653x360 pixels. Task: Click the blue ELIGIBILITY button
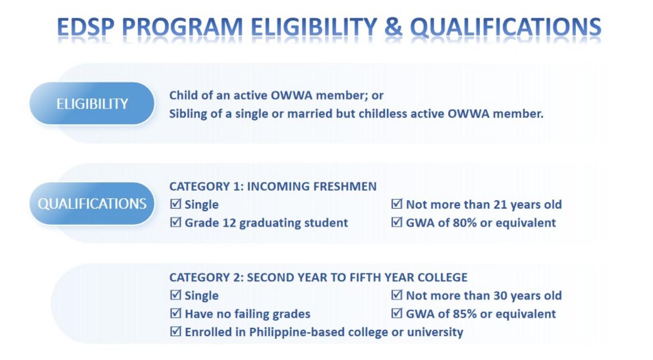point(92,104)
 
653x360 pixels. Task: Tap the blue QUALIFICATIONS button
point(92,203)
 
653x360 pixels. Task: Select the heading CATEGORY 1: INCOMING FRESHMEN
point(273,187)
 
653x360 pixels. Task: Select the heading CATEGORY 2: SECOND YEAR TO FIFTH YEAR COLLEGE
point(318,277)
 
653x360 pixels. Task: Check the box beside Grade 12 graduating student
point(175,222)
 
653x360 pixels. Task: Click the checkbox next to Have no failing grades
point(175,314)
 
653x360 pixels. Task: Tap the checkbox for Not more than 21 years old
point(397,204)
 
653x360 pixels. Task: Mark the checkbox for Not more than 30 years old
point(397,295)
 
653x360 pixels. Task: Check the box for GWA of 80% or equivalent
point(397,222)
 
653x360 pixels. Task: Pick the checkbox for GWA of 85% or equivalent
point(397,314)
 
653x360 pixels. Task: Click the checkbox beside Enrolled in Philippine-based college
point(175,332)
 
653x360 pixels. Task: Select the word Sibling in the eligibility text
point(187,114)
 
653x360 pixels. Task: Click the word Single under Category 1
point(202,204)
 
